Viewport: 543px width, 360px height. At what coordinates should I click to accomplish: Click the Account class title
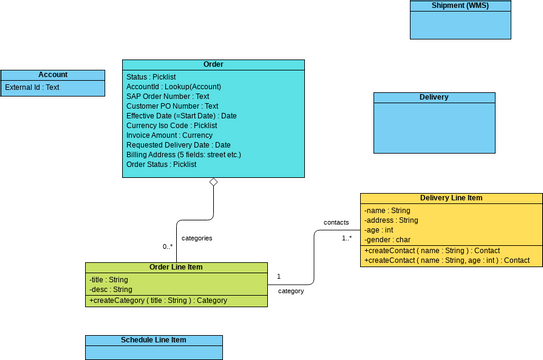pos(52,75)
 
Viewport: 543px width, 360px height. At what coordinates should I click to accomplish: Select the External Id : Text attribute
pos(32,88)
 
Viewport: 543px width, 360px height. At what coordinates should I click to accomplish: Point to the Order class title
pos(213,64)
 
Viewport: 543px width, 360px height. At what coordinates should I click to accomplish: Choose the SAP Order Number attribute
pos(168,96)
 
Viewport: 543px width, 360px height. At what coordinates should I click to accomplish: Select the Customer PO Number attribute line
pos(172,106)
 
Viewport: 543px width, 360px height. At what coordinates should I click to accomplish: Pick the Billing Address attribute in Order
pos(183,155)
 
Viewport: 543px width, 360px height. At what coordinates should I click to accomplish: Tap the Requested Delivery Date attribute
pos(178,145)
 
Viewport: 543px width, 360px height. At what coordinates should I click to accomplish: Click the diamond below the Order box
pos(213,184)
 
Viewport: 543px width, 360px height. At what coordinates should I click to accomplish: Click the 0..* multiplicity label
pos(168,246)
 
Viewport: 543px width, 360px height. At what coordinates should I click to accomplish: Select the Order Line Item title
pos(176,267)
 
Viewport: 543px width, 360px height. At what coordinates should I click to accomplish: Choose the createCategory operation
pos(158,300)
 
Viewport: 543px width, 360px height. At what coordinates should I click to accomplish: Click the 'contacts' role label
pos(337,222)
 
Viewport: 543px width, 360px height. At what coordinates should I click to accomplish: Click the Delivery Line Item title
pos(452,198)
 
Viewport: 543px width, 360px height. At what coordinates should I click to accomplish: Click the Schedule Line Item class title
pos(153,340)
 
